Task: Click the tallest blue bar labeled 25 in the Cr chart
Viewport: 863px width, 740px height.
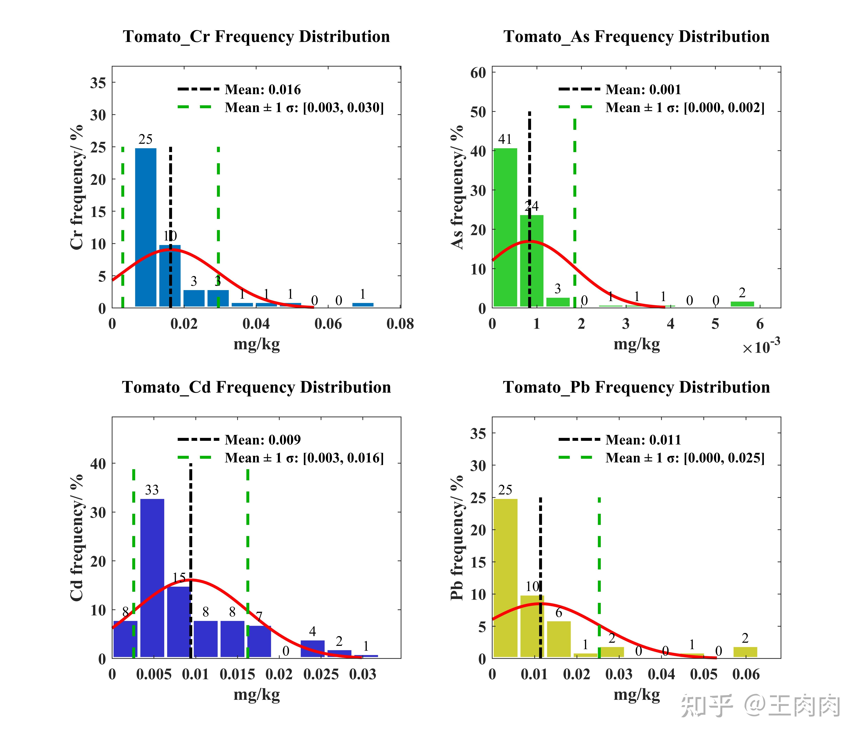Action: pyautogui.click(x=146, y=227)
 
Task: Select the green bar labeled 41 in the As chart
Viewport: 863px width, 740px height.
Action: pyautogui.click(x=505, y=227)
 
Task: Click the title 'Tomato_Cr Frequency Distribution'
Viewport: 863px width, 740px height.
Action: pyautogui.click(x=256, y=37)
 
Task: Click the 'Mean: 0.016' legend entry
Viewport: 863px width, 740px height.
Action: pyautogui.click(x=262, y=90)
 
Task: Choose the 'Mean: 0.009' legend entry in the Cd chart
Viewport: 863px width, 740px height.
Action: pyautogui.click(x=262, y=440)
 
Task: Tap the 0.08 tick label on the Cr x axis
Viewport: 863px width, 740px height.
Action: pyautogui.click(x=400, y=324)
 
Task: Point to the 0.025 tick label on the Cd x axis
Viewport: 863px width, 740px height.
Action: pyautogui.click(x=321, y=674)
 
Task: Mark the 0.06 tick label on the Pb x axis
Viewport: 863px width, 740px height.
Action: pyautogui.click(x=746, y=674)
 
